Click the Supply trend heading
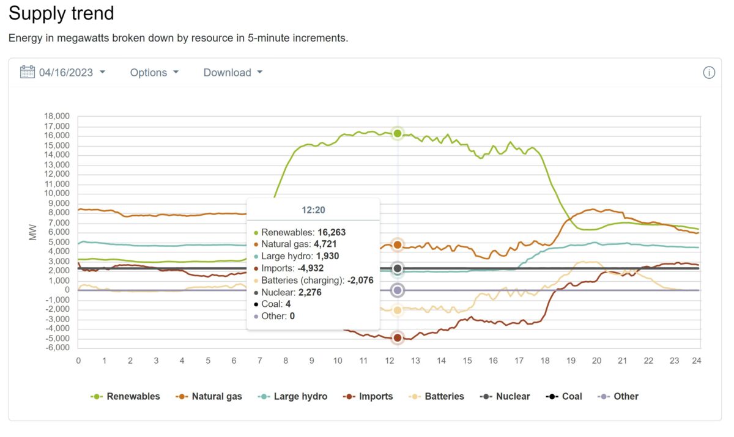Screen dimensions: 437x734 [61, 13]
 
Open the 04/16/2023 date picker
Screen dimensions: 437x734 [66, 72]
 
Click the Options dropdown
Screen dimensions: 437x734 [154, 72]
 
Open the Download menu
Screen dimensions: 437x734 [232, 72]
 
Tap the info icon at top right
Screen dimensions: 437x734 [709, 73]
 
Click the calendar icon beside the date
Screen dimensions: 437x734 [28, 72]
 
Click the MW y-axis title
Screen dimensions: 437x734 [34, 232]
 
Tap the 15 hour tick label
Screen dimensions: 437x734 [467, 361]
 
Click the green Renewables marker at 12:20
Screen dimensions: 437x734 [398, 133]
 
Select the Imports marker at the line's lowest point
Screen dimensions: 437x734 [398, 337]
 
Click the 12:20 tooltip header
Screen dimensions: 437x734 [313, 210]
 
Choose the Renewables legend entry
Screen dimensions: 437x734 [125, 396]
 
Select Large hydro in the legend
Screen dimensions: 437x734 [293, 396]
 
